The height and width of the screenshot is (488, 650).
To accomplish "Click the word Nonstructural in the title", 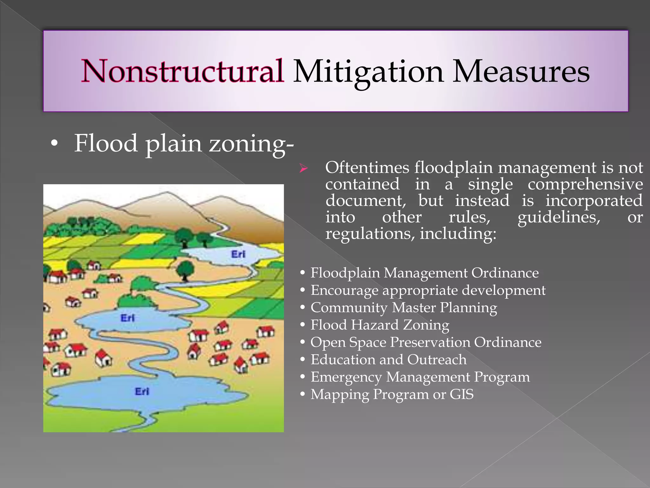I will pyautogui.click(x=182, y=71).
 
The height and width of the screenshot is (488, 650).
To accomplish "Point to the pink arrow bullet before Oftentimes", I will pyautogui.click(x=303, y=169).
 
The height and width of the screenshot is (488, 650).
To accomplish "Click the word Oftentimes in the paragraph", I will pyautogui.click(x=367, y=167).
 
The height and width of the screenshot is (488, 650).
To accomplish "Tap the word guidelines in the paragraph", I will pyautogui.click(x=559, y=217).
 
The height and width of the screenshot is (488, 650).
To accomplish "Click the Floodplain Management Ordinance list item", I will pyautogui.click(x=424, y=273).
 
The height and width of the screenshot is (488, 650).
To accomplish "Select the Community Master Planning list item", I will pyautogui.click(x=404, y=308).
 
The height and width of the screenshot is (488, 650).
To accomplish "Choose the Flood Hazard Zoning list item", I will pyautogui.click(x=380, y=325).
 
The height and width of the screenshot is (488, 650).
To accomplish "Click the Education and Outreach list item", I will pyautogui.click(x=388, y=359).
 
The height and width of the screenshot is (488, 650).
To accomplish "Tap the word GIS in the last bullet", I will pyautogui.click(x=461, y=394).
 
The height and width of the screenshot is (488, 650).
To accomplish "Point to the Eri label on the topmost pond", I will pyautogui.click(x=238, y=254).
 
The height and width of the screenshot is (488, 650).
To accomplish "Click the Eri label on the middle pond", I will pyautogui.click(x=128, y=318).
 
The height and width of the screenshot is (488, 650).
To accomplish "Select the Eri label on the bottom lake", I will pyautogui.click(x=142, y=391).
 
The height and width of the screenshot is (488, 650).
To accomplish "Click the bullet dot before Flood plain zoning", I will pyautogui.click(x=55, y=144).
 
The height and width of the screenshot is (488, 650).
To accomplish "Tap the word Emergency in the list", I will pyautogui.click(x=346, y=377).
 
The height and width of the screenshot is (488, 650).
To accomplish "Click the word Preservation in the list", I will pyautogui.click(x=430, y=342).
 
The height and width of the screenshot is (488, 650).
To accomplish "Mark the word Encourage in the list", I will pyautogui.click(x=344, y=290).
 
